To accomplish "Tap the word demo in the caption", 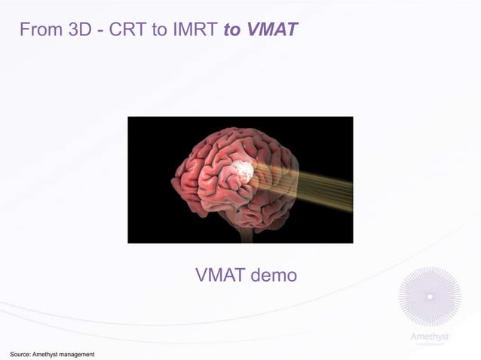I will (x=272, y=276).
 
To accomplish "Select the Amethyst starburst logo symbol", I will (x=429, y=297).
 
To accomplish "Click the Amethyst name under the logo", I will (x=429, y=337).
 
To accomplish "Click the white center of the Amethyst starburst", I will (x=429, y=297).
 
